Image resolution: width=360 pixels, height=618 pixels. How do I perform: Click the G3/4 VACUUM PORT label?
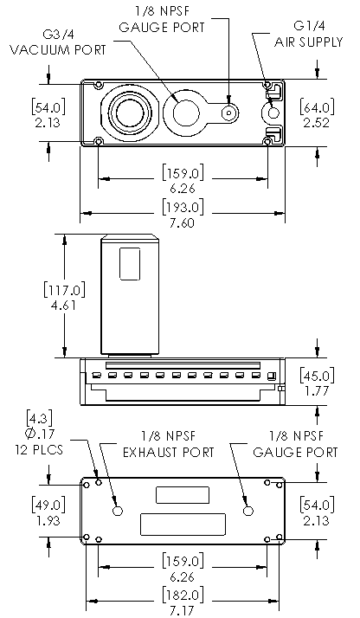(x=57, y=42)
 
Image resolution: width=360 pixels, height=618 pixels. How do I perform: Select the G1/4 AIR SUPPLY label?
(x=308, y=34)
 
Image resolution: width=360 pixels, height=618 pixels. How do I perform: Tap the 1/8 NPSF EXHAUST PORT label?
(x=169, y=444)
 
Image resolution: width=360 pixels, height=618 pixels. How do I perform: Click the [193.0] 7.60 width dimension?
(x=183, y=214)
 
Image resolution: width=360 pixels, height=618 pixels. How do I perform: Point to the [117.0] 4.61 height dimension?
(x=64, y=297)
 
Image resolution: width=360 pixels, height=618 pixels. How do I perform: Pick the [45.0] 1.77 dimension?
(x=317, y=383)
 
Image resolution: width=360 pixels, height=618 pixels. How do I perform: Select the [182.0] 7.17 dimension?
(x=183, y=602)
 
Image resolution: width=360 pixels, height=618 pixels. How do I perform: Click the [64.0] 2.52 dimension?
(x=317, y=115)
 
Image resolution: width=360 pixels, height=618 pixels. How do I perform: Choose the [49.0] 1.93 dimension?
(x=48, y=512)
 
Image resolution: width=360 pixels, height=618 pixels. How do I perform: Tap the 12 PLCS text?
(x=39, y=450)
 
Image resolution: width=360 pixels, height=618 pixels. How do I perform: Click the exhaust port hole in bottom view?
(x=118, y=511)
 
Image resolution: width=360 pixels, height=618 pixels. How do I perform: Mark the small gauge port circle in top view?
(x=229, y=113)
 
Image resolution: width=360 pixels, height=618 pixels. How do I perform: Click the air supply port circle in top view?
(x=273, y=113)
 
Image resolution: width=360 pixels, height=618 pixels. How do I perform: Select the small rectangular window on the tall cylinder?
(x=130, y=264)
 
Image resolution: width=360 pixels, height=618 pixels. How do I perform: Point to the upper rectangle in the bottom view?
(x=183, y=495)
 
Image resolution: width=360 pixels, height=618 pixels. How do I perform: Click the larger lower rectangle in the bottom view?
(x=183, y=525)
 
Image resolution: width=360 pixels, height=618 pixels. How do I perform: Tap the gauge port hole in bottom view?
(x=248, y=511)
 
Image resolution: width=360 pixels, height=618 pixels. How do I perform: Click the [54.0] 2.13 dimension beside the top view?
(x=48, y=115)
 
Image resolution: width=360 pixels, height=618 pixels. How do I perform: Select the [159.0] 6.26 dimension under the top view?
(x=183, y=180)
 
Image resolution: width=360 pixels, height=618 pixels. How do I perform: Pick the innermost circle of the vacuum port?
(x=130, y=113)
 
